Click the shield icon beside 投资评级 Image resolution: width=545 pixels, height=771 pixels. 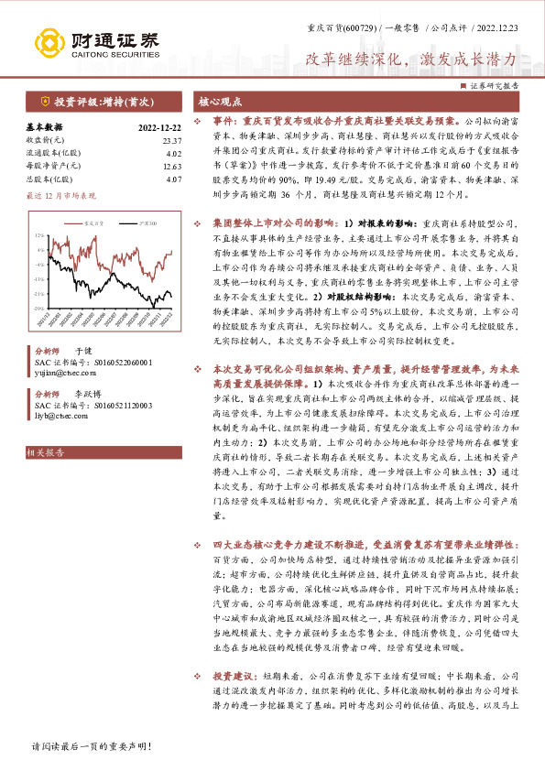[44, 102]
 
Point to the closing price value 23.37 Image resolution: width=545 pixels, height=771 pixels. [171, 140]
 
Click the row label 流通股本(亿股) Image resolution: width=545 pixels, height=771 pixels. [49, 154]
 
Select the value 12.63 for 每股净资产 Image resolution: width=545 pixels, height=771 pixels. [171, 167]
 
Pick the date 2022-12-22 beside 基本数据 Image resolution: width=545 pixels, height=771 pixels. [159, 127]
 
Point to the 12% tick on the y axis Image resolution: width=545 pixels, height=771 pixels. [38, 235]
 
